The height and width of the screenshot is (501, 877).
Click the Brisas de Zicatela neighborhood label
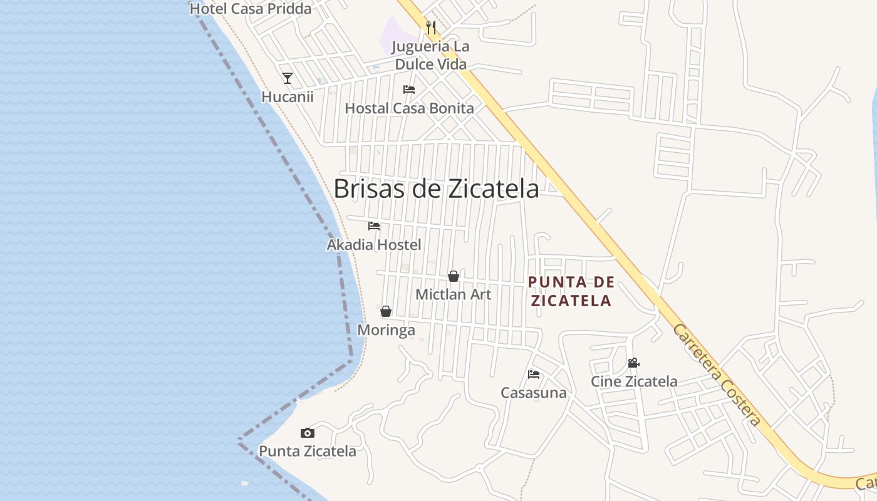click(436, 189)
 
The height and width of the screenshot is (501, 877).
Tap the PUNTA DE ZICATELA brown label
click(570, 291)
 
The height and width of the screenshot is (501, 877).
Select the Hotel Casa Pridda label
click(250, 9)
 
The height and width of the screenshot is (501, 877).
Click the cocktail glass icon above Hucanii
click(288, 78)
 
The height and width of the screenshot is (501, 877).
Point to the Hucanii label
click(288, 97)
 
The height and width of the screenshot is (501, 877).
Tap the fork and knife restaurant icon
click(430, 27)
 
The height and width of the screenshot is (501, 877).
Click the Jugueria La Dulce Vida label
click(430, 55)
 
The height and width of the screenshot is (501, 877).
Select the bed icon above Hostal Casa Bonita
click(409, 90)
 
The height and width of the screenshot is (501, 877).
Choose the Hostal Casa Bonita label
click(409, 108)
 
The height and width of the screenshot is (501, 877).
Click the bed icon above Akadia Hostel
click(374, 226)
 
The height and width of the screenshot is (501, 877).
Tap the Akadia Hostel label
click(374, 245)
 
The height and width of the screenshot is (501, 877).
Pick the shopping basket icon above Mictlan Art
click(454, 276)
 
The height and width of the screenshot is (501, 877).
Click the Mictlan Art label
click(454, 294)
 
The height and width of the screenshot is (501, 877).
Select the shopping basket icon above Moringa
click(386, 311)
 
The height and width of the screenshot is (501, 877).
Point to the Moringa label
click(386, 330)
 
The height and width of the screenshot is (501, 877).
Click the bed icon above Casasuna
click(534, 374)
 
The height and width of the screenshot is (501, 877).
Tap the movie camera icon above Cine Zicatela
click(633, 363)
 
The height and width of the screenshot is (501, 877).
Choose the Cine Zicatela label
click(634, 381)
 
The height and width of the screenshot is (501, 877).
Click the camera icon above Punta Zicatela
click(307, 433)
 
